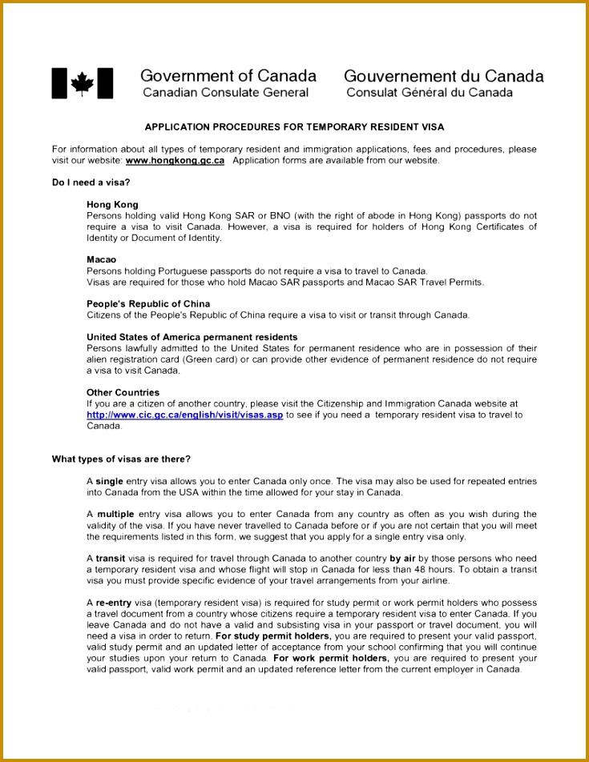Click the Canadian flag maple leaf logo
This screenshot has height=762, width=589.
[x=82, y=83]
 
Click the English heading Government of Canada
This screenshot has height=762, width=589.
[x=228, y=76]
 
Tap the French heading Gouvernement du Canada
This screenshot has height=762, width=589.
[x=443, y=77]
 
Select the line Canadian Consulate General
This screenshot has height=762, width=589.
[x=225, y=93]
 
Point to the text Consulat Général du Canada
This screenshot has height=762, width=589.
[x=429, y=93]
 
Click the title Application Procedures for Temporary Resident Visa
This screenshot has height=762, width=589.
[x=294, y=127]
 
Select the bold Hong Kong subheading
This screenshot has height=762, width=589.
[x=112, y=205]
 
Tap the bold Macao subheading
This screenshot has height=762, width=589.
[x=101, y=259]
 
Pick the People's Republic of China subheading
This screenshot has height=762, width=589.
[x=148, y=303]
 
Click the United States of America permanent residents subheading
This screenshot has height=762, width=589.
[x=192, y=337]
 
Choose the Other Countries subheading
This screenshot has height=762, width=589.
[x=123, y=392]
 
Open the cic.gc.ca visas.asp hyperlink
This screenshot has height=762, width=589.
[x=184, y=415]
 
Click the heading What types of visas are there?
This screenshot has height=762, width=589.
[x=121, y=459]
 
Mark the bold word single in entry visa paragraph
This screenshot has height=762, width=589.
[x=109, y=481]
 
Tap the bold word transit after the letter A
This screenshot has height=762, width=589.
[x=111, y=559]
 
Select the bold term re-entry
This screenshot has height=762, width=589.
[x=113, y=602]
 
